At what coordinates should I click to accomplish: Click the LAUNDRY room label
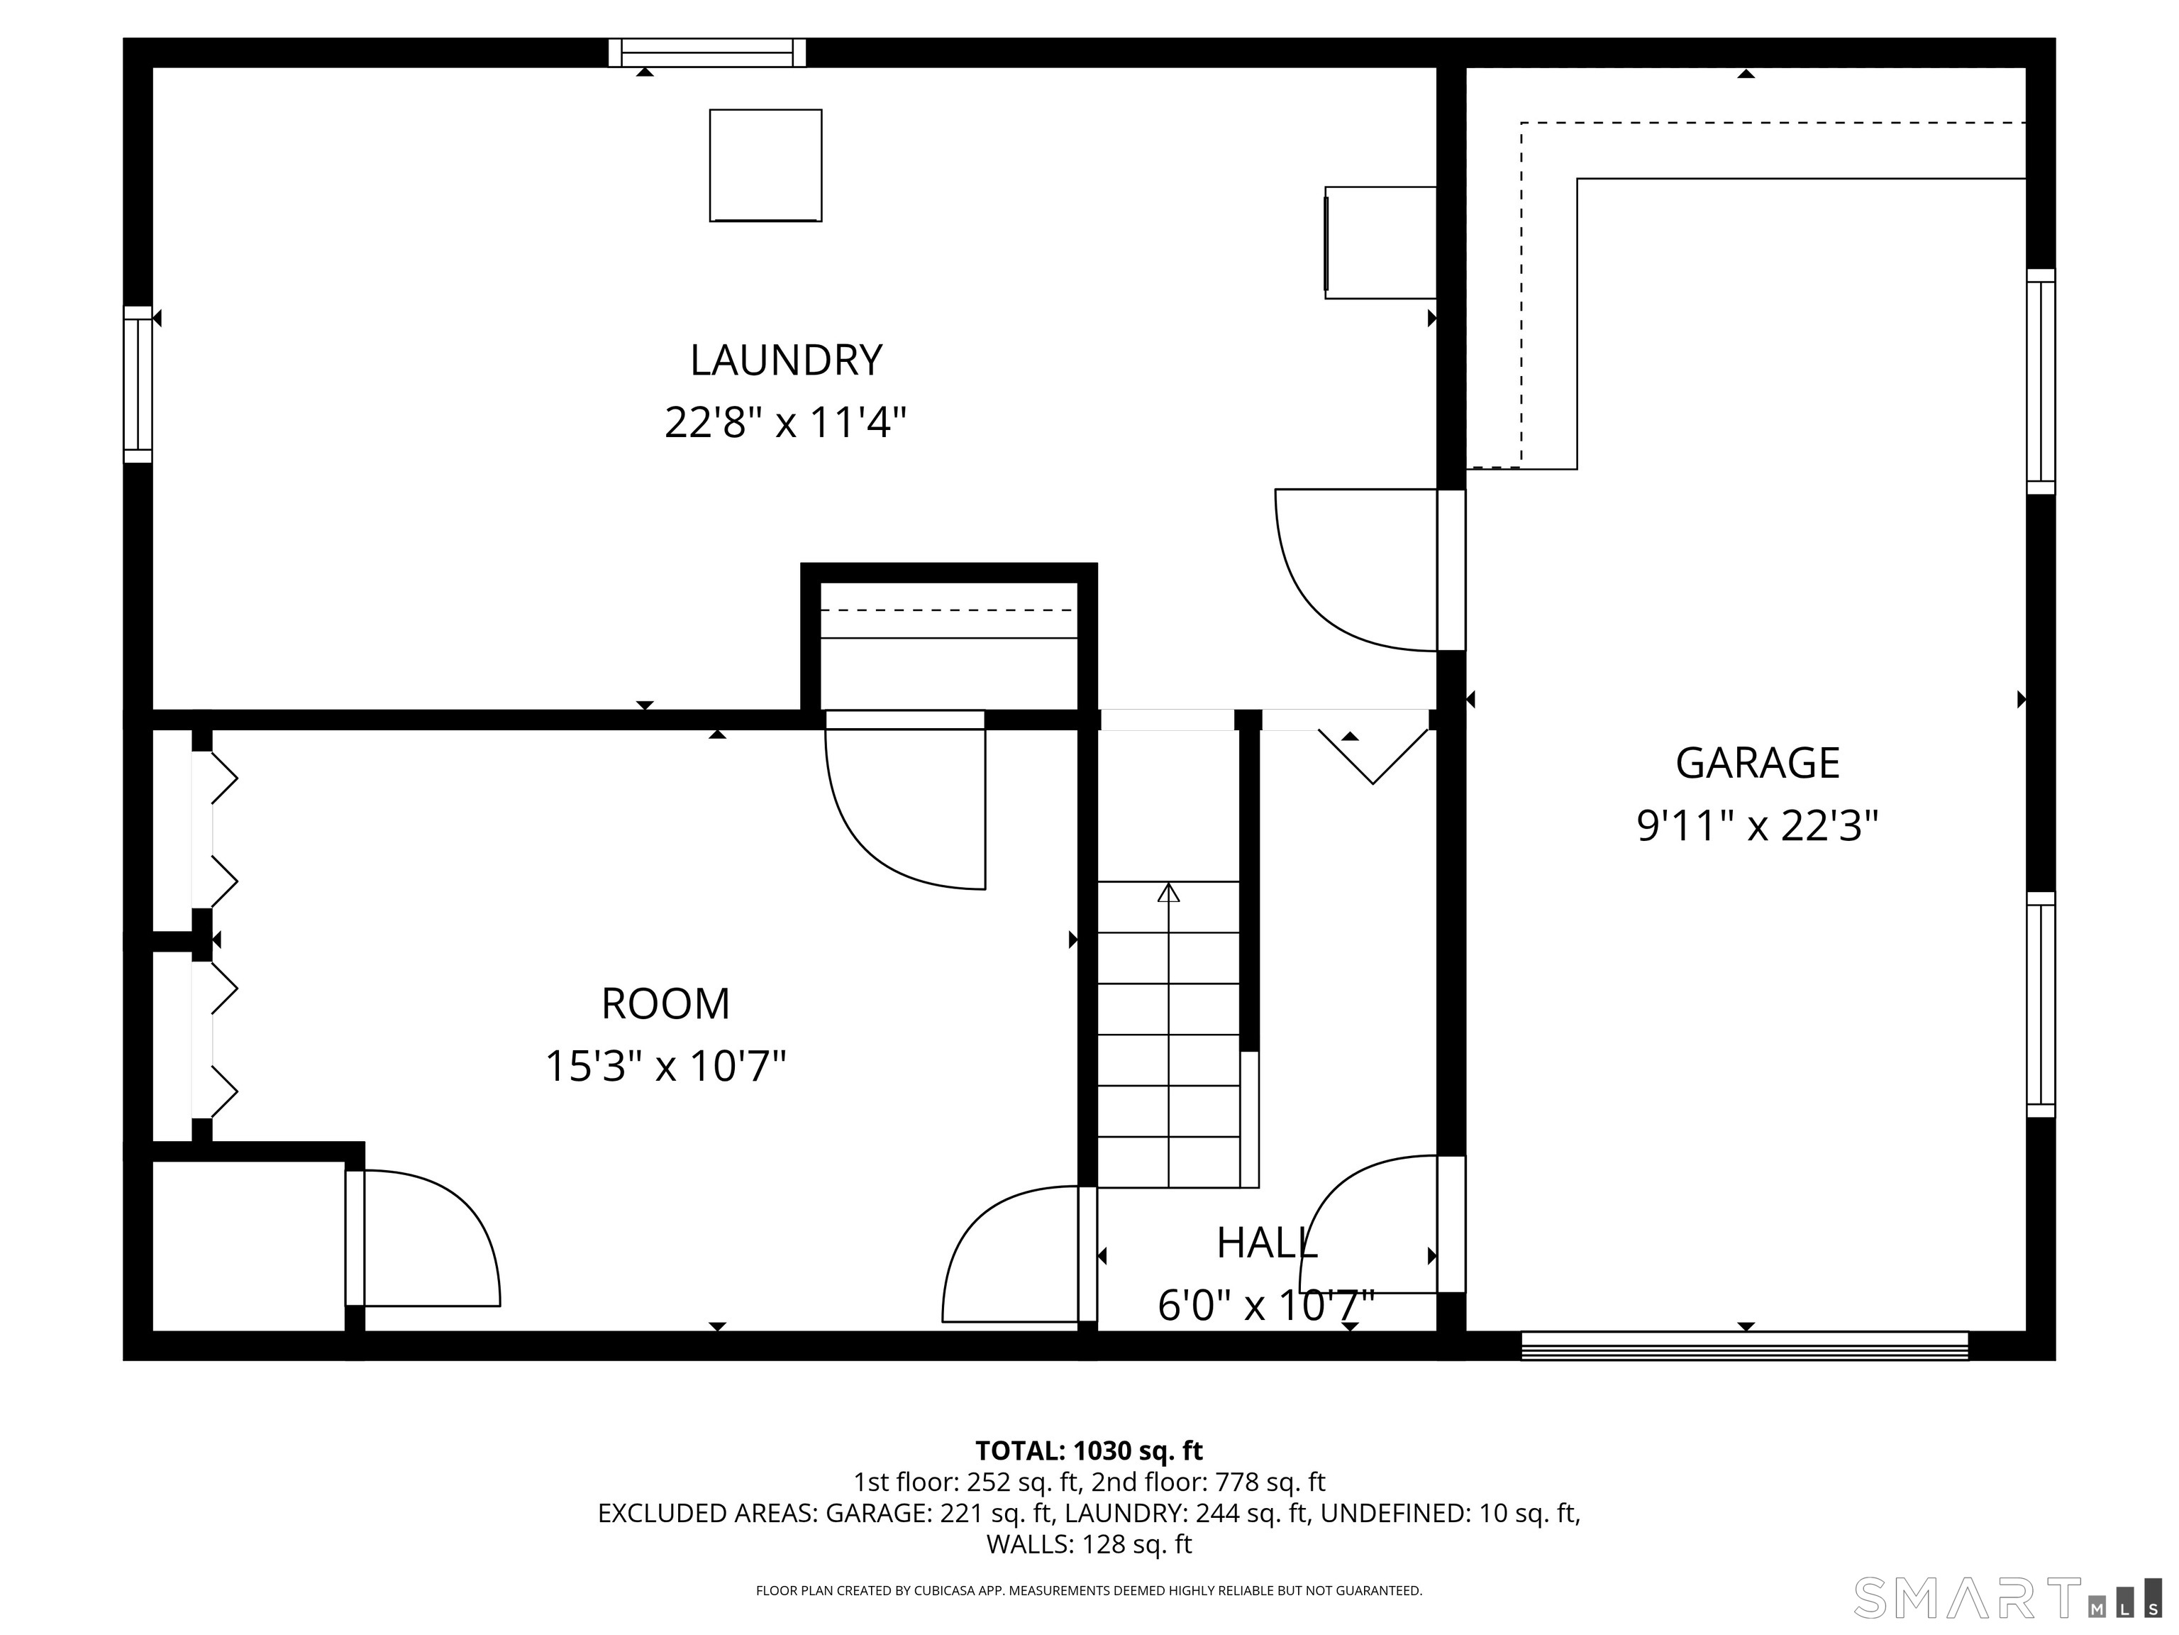785,360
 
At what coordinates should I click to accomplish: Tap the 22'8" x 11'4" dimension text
785,424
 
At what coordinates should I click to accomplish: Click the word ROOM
666,1004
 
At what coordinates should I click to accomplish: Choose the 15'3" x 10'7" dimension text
666,1067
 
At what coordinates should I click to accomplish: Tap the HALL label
1267,1244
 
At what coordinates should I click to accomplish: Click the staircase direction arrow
1168,893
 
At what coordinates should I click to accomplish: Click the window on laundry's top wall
706,53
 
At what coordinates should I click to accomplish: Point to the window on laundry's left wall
138,385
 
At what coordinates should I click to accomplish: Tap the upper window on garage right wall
2040,381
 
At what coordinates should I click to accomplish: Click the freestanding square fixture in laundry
765,165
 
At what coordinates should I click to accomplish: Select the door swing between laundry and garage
1355,570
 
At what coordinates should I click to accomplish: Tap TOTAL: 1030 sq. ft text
1089,1450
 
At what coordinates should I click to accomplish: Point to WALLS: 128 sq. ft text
1089,1544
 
